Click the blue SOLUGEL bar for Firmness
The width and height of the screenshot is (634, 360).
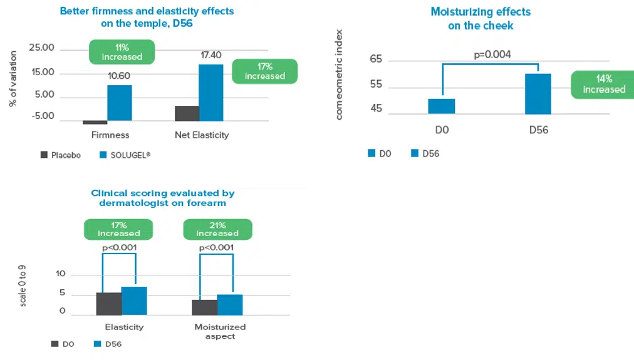tap(119, 103)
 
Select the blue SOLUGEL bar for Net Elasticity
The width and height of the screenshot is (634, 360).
tap(210, 93)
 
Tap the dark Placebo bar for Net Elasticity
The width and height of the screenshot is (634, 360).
tap(187, 113)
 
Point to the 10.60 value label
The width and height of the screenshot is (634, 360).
tap(119, 77)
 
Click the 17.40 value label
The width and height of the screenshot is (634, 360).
tap(211, 56)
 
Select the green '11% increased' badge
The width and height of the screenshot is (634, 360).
tap(122, 52)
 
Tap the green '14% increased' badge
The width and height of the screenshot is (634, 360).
tap(604, 84)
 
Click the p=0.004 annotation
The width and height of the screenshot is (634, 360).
tap(492, 54)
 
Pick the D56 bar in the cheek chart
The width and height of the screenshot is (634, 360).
tap(538, 94)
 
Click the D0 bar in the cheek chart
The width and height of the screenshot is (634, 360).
tap(442, 106)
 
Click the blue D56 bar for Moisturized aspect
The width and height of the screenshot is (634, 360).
tap(229, 305)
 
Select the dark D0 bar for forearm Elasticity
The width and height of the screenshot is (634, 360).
tap(109, 304)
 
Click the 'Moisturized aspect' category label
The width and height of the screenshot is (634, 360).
tap(220, 331)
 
